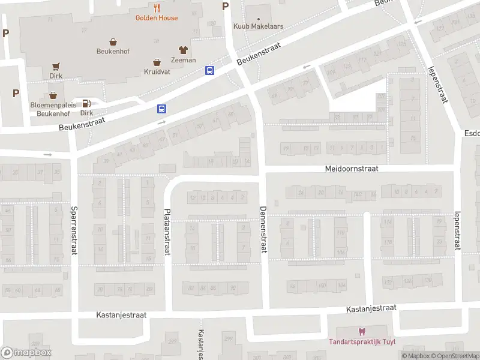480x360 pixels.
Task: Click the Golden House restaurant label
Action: click(156, 18)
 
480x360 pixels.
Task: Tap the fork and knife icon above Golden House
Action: click(157, 8)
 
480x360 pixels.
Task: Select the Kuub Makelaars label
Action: click(259, 27)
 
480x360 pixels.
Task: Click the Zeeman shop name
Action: click(183, 60)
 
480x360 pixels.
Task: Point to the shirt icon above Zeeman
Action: click(183, 50)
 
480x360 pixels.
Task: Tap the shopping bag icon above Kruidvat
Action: click(157, 62)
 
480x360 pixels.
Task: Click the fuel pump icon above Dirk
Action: click(86, 103)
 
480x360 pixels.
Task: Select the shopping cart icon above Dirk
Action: click(56, 67)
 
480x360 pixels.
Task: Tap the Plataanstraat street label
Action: click(167, 232)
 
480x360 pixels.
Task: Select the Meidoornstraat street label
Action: click(352, 169)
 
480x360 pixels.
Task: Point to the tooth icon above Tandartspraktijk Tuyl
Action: click(361, 332)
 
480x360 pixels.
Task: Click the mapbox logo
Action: click(26, 353)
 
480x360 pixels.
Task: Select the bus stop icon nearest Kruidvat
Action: click(209, 70)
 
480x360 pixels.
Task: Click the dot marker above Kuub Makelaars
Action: click(259, 17)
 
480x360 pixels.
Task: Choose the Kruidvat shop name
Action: click(157, 71)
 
